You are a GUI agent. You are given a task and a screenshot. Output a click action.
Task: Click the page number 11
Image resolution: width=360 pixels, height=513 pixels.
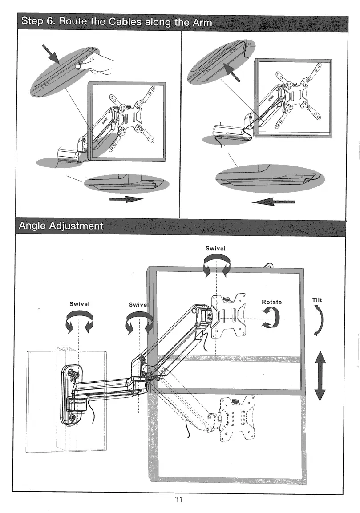179,499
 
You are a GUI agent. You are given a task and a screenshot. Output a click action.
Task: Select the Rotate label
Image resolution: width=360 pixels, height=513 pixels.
271,302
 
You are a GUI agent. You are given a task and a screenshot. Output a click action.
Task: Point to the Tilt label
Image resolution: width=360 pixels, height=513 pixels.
317,300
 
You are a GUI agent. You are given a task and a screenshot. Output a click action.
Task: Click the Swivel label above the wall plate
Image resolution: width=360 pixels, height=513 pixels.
80,304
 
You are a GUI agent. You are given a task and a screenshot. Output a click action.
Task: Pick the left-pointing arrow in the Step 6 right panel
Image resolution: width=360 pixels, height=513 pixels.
273,202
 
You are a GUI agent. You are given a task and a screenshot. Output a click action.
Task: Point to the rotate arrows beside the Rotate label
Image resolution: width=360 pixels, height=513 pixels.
271,318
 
